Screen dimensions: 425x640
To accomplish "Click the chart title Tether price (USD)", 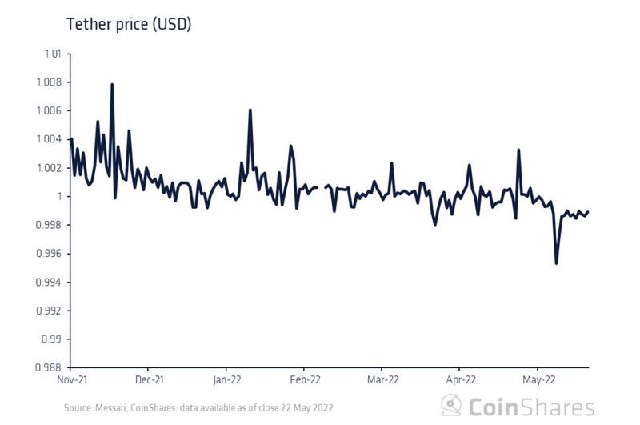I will (128, 24).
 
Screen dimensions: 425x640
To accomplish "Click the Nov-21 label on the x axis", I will (71, 379).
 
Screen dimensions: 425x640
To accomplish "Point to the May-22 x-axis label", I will (538, 379).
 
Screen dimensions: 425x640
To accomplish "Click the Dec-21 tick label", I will (149, 379).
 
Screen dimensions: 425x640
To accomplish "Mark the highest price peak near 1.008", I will (112, 84).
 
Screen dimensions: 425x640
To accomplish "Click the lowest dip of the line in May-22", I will (556, 263).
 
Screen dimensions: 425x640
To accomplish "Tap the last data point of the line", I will (589, 212).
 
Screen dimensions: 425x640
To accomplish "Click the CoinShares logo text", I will (531, 406).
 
